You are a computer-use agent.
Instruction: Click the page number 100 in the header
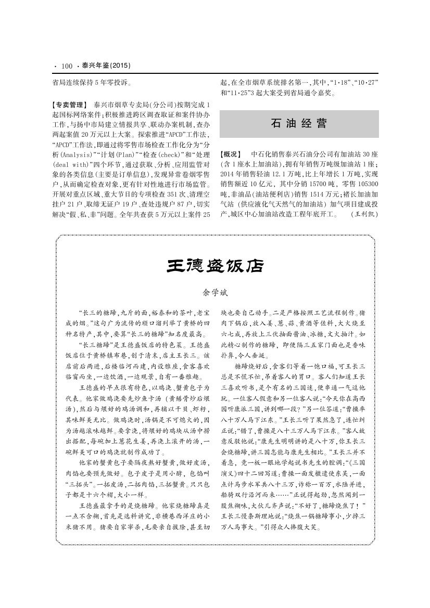(66, 66)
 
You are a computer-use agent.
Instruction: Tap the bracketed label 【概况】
(231, 154)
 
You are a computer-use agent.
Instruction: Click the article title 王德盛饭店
(214, 266)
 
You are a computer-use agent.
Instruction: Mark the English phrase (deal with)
(74, 164)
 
